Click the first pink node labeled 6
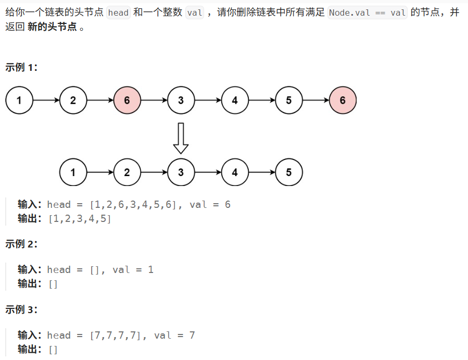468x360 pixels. tap(127, 101)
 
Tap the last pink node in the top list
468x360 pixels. tap(343, 101)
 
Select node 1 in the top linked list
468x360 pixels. tap(19, 101)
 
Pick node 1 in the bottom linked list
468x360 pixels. tap(73, 172)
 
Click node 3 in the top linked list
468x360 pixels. tap(181, 101)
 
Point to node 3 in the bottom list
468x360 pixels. tap(181, 172)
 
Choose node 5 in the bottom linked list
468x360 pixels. tap(289, 172)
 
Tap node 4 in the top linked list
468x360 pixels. tap(235, 101)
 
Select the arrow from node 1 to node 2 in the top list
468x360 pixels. tap(46, 101)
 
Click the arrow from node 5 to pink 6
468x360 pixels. tap(315, 101)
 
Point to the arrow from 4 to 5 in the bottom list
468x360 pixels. tap(262, 172)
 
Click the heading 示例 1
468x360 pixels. tap(21, 67)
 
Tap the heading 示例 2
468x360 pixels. tap(21, 244)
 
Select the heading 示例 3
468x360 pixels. tap(21, 309)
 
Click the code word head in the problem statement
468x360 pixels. tap(118, 13)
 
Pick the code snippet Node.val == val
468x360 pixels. tap(368, 13)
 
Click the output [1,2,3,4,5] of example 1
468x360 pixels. tap(80, 218)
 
